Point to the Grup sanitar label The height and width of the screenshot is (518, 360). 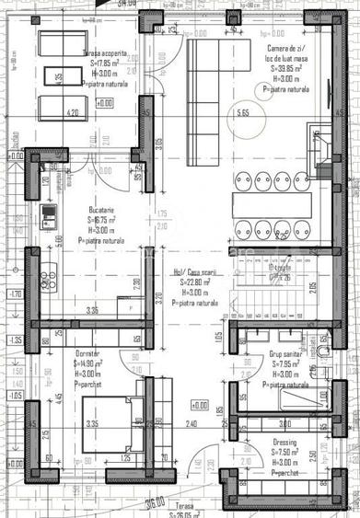(288, 353)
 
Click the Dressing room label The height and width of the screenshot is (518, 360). (285, 442)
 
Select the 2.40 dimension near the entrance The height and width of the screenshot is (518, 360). (190, 424)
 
